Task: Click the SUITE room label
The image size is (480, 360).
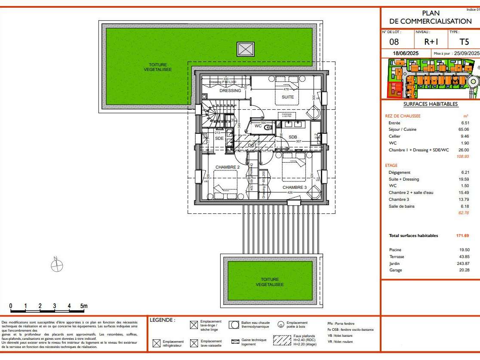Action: [288, 97]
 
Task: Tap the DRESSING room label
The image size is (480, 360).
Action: [230, 91]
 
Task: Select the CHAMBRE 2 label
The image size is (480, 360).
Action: [228, 167]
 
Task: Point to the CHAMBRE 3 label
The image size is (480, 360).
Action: [295, 188]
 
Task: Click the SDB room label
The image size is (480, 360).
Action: [292, 137]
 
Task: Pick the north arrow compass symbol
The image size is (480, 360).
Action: [57, 266]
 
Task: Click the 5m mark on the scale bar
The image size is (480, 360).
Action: [84, 306]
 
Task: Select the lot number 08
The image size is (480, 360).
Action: [394, 42]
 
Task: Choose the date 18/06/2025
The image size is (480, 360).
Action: [406, 53]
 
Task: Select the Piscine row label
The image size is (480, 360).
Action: [395, 250]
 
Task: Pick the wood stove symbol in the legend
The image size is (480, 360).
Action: [281, 325]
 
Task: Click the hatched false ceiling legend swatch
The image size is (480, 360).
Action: [283, 340]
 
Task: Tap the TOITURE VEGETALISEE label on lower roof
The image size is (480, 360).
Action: [270, 282]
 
